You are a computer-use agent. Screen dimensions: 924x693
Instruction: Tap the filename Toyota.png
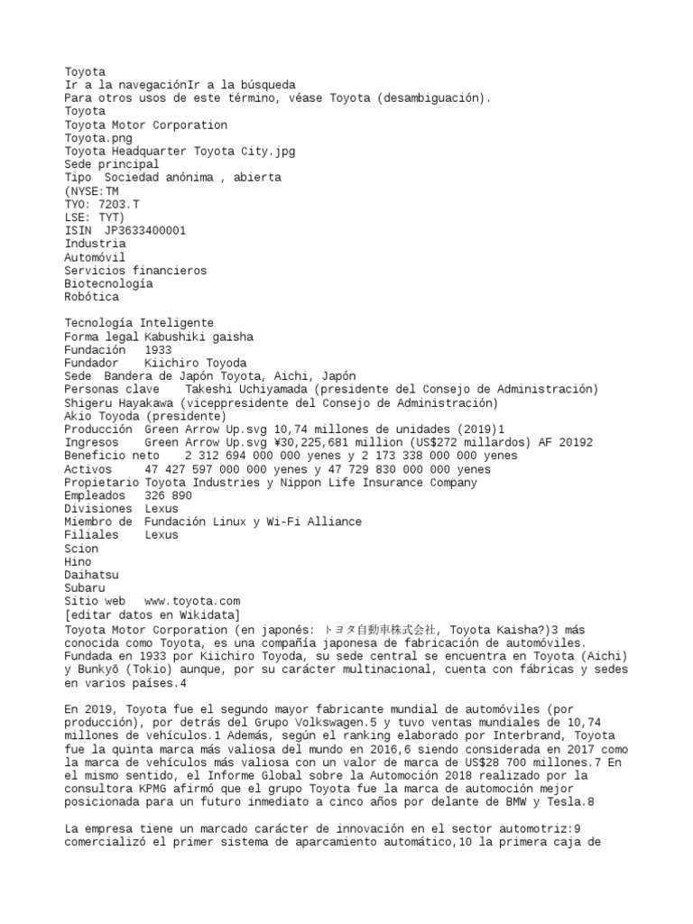pos(97,138)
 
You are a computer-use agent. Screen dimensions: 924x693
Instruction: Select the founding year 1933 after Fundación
pos(158,349)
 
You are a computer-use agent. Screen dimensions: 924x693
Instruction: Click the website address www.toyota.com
pos(192,601)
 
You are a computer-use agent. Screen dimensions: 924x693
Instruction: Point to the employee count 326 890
pos(168,495)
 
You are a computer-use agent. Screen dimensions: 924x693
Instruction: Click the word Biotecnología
pos(108,283)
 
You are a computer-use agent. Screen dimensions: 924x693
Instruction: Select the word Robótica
pos(91,297)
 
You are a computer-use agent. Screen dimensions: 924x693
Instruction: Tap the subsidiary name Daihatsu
pos(91,574)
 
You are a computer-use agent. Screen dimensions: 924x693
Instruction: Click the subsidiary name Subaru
pos(85,587)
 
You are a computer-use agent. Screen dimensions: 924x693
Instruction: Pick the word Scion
pos(81,548)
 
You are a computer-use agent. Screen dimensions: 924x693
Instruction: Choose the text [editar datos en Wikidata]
pos(152,614)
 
